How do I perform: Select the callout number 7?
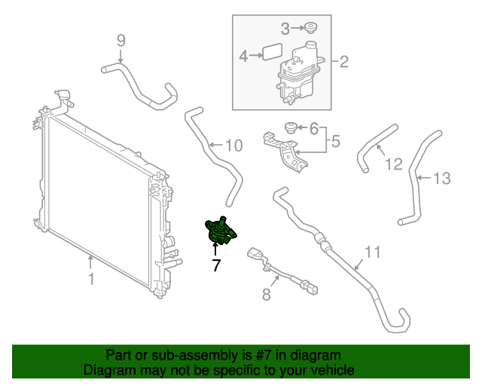pos(216,265)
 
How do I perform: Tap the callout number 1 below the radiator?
pos(90,280)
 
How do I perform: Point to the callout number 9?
pos(121,40)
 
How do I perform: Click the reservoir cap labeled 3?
pos(310,29)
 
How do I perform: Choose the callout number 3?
pos(285,29)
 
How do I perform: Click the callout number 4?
pos(244,56)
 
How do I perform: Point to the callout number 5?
pos(336,140)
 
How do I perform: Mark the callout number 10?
pos(234,145)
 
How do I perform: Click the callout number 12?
pos(394,162)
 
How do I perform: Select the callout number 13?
pos(441,178)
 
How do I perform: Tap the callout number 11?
pos(374,251)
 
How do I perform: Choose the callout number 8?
pos(266,295)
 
